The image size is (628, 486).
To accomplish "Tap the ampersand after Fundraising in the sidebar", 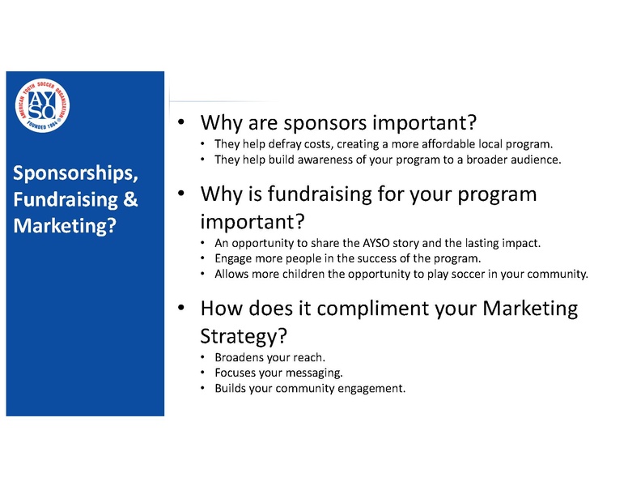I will (130, 199).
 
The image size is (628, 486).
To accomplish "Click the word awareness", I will (300, 160).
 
